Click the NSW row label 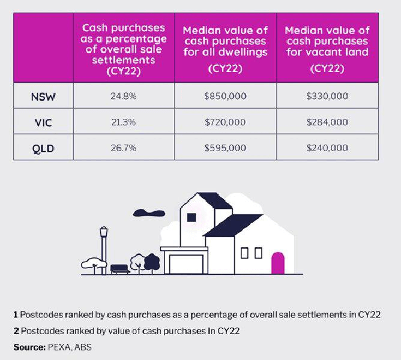[43, 97]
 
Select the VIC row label [43, 123]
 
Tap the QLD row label [43, 149]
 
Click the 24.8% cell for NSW [124, 96]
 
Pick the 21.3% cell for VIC [124, 122]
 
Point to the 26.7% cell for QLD [124, 148]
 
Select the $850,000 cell [225, 96]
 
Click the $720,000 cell [225, 122]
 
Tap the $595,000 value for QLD [225, 148]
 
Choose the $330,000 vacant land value [327, 96]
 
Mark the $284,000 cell [327, 122]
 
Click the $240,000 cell [327, 148]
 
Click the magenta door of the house [278, 263]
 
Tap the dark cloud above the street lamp [149, 213]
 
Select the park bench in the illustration [120, 269]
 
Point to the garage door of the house [187, 264]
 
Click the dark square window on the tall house [191, 218]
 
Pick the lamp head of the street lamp [104, 231]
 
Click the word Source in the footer [29, 347]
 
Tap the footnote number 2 [16, 331]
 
